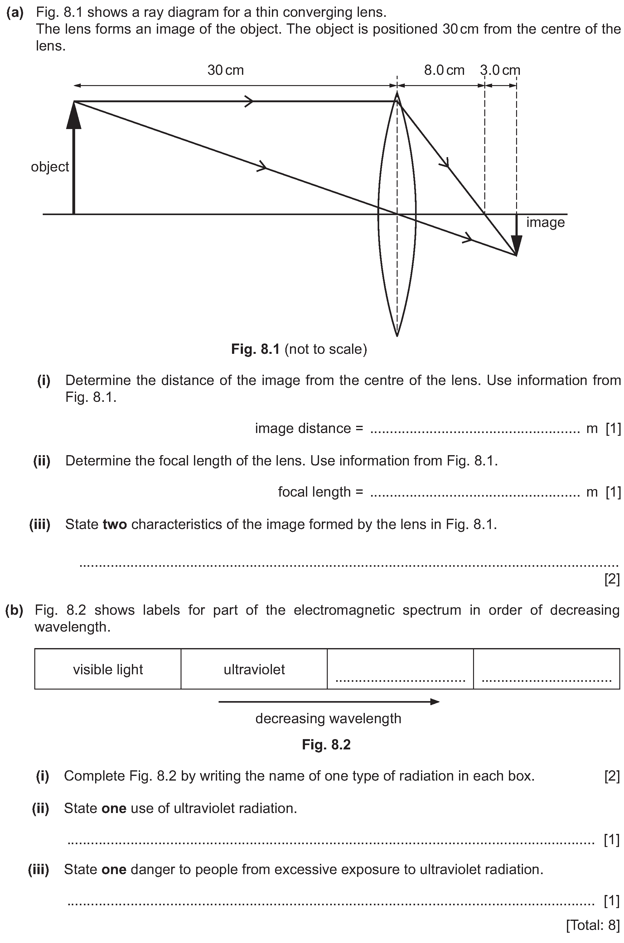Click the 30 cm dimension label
point(225,70)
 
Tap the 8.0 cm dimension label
point(444,70)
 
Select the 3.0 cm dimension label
point(500,70)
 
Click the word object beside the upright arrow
point(50,167)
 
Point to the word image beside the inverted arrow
point(545,222)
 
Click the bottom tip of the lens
point(397,335)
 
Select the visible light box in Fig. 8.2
point(108,669)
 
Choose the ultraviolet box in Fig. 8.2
point(254,669)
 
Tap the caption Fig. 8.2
point(326,744)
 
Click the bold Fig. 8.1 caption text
point(255,349)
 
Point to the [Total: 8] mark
point(593,925)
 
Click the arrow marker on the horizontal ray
point(249,101)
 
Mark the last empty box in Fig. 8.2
point(546,669)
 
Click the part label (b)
point(14,610)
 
